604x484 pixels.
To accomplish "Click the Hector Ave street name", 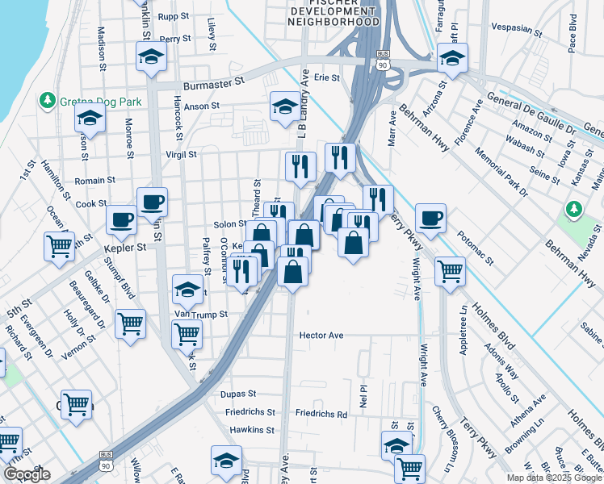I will point(321,335).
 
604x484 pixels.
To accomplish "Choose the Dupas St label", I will point(238,394).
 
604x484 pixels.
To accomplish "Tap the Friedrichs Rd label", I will point(321,414).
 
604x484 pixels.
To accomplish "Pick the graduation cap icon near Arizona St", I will point(452,57).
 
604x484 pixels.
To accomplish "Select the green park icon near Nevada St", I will point(574,211).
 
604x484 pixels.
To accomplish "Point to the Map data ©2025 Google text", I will point(554,478).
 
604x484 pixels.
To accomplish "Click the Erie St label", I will point(327,77).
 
